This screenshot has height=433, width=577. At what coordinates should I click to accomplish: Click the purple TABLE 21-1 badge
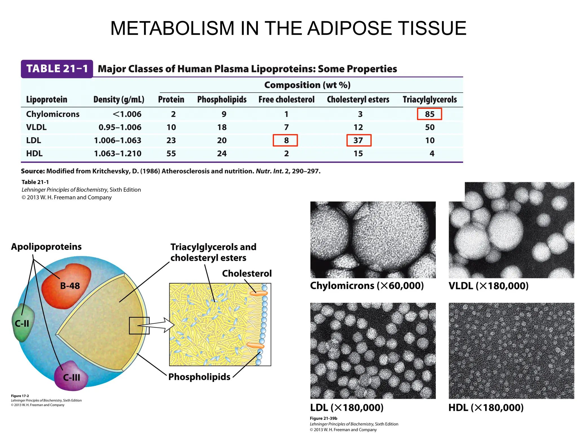(x=57, y=69)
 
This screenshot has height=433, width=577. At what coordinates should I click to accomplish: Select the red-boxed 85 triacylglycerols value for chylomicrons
(x=429, y=114)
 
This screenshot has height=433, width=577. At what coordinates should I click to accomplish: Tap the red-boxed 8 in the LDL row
(x=285, y=140)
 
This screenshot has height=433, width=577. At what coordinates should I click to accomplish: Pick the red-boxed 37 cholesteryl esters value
(x=359, y=140)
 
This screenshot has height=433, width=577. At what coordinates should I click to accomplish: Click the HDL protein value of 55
(x=171, y=154)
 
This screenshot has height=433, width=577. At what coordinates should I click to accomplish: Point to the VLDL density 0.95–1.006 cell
(x=120, y=127)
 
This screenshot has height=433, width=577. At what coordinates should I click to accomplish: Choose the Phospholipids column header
(x=222, y=100)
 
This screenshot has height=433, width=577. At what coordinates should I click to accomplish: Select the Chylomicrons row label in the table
(x=53, y=114)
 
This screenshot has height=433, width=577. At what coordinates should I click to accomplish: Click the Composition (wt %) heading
(x=307, y=85)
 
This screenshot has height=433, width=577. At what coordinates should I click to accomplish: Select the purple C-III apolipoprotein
(x=71, y=377)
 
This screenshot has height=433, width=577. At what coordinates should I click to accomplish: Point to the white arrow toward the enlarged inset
(x=158, y=325)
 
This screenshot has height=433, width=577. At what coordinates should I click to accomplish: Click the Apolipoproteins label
(x=46, y=247)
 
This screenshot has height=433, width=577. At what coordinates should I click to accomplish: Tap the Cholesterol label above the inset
(x=247, y=273)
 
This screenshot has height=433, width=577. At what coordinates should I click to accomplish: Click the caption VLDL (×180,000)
(x=488, y=286)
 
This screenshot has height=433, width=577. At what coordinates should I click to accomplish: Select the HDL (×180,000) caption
(x=486, y=408)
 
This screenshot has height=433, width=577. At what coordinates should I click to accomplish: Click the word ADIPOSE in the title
(x=349, y=28)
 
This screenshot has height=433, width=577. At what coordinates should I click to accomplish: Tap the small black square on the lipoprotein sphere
(x=139, y=326)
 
